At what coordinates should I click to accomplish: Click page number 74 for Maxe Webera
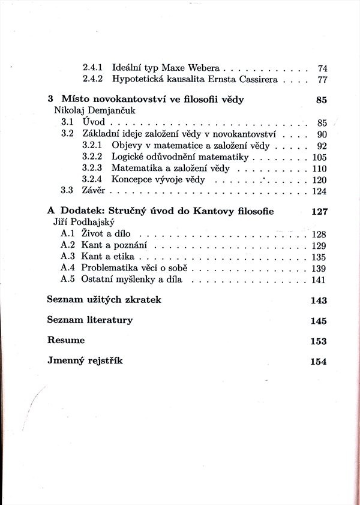click(322, 68)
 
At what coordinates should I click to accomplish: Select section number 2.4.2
click(92, 80)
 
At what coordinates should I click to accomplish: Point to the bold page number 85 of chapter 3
click(321, 100)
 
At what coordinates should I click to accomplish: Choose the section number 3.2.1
click(92, 146)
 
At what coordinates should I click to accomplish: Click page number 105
click(319, 157)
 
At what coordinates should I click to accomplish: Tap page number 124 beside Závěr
click(319, 191)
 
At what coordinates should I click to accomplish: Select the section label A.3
click(67, 257)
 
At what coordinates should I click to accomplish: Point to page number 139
click(319, 268)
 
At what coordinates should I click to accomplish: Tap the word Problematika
click(110, 268)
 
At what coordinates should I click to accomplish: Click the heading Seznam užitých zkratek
click(104, 299)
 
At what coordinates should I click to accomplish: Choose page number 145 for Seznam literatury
click(319, 321)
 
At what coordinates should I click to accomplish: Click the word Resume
click(66, 340)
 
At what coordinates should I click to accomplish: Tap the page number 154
click(319, 362)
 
